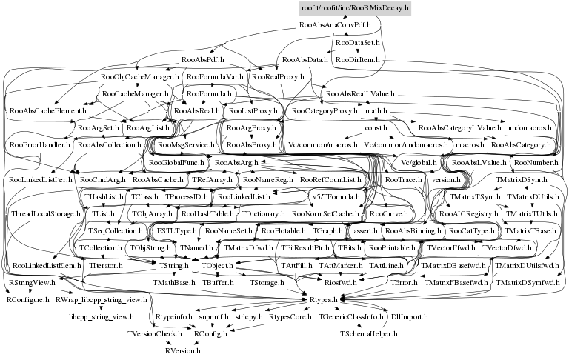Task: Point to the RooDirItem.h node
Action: click(x=357, y=59)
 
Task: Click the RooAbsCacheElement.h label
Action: click(x=48, y=110)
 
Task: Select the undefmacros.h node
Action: click(x=528, y=128)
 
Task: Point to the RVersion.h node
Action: click(x=182, y=350)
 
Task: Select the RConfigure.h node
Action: click(x=29, y=300)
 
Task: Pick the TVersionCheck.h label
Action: click(x=155, y=334)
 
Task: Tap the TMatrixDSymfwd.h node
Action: click(x=528, y=283)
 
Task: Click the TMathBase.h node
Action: click(x=174, y=283)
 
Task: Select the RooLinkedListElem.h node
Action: click(x=47, y=265)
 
